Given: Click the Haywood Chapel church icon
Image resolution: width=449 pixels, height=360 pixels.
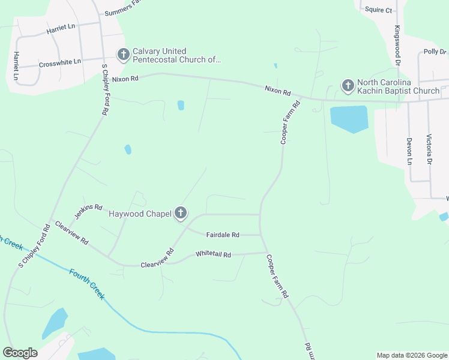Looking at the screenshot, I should pyautogui.click(x=181, y=213).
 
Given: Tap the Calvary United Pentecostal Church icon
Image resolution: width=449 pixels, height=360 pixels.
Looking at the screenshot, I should pyautogui.click(x=123, y=55).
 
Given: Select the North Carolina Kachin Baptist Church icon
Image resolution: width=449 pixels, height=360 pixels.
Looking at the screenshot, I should pyautogui.click(x=348, y=86).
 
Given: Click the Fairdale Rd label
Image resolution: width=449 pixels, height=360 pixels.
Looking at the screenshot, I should pyautogui.click(x=223, y=235).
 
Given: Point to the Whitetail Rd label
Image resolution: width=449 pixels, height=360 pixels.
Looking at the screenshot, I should pyautogui.click(x=213, y=254).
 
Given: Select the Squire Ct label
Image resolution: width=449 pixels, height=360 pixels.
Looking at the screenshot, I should pyautogui.click(x=379, y=10).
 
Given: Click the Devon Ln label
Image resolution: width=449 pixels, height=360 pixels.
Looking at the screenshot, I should pyautogui.click(x=409, y=151).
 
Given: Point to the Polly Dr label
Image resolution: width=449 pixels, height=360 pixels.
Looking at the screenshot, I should pyautogui.click(x=435, y=52).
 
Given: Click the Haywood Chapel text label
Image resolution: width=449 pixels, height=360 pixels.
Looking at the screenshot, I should pyautogui.click(x=139, y=214).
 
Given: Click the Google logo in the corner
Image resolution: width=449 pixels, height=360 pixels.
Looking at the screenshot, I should pyautogui.click(x=20, y=353).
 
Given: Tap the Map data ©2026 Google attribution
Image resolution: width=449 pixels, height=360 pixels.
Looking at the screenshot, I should pyautogui.click(x=412, y=355).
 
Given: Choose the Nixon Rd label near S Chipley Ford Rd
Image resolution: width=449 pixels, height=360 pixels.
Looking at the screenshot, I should pyautogui.click(x=125, y=79).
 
